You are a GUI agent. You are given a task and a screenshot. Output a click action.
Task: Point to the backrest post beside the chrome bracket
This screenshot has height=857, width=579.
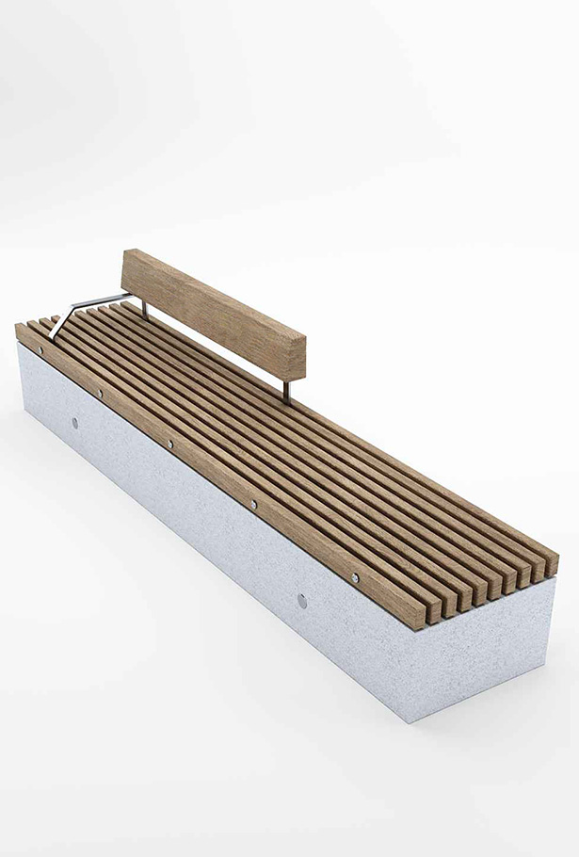[x=144, y=307]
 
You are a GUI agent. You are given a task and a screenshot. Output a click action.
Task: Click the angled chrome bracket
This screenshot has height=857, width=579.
[x=79, y=307]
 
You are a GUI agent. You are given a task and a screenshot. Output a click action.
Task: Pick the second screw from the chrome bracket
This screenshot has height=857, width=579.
[x=100, y=392]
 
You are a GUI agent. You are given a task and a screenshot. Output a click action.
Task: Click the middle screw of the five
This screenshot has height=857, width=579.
[x=170, y=443]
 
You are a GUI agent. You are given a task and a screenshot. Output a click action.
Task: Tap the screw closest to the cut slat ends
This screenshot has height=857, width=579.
[x=354, y=577]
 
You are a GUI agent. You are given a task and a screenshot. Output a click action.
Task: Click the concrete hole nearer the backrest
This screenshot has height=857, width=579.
[x=75, y=422]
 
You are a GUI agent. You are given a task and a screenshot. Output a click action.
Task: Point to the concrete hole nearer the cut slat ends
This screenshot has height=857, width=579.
[x=301, y=600]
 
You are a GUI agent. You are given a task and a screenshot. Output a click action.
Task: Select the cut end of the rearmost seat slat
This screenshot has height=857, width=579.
[x=548, y=564]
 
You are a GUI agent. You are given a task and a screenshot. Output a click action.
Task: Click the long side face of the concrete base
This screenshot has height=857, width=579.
[x=188, y=527]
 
